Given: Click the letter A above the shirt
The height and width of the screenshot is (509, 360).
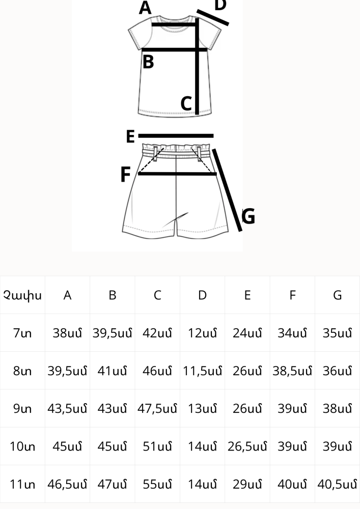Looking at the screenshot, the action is [x=145, y=8].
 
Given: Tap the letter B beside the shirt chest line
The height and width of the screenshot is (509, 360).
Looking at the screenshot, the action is [x=148, y=62].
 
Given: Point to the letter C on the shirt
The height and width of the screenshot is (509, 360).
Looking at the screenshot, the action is [x=186, y=103].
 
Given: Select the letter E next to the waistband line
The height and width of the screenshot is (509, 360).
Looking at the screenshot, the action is [x=130, y=136].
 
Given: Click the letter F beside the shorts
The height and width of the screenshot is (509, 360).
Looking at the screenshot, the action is [x=125, y=174].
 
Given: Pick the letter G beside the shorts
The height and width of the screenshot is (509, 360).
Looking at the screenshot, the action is [x=248, y=216].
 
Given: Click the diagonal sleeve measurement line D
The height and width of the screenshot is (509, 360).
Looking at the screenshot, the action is [x=213, y=17].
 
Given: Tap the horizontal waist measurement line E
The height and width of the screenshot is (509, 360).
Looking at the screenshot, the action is [x=176, y=136].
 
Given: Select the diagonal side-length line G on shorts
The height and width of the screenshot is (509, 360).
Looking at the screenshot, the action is [x=227, y=190].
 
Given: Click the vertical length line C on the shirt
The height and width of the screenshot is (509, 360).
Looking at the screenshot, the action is [x=197, y=66].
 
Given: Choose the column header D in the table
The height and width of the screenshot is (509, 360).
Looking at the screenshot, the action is [x=202, y=295].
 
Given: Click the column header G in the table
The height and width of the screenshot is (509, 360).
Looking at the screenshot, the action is [x=337, y=295].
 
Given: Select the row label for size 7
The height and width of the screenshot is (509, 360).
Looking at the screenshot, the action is [x=22, y=333].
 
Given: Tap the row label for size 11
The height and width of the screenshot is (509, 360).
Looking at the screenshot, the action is [x=22, y=485].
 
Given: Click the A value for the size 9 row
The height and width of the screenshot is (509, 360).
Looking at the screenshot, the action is [x=67, y=409].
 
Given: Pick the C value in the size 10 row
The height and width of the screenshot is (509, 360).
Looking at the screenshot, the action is [x=157, y=446].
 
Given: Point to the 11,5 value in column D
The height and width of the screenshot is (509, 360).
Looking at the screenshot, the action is [x=202, y=371].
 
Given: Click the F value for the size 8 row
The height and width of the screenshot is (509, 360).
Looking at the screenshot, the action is [x=292, y=371].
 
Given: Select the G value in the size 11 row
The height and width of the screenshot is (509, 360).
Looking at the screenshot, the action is [x=337, y=485].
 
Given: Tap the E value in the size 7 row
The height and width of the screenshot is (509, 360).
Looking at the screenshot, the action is [x=247, y=333].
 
